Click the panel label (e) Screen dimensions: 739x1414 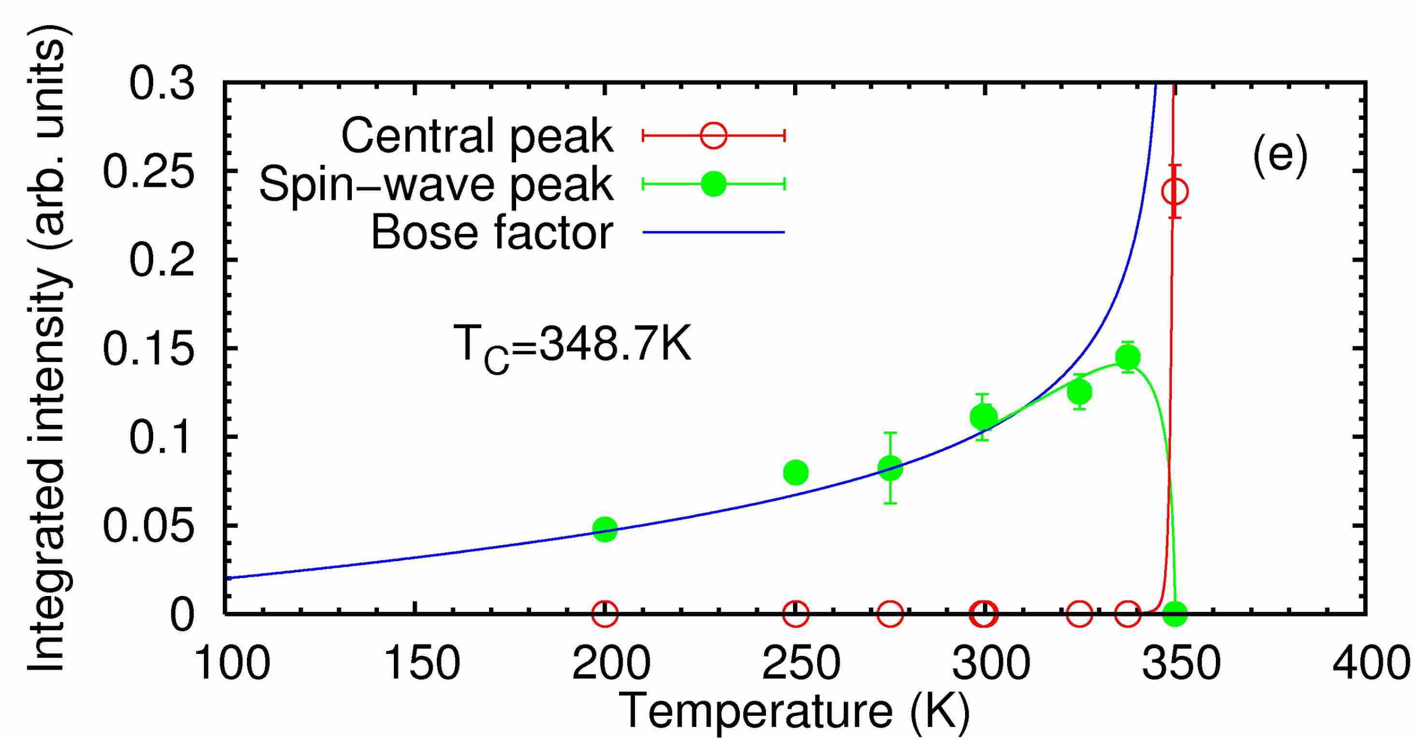(x=1280, y=158)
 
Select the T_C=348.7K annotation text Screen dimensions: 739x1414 (x=573, y=348)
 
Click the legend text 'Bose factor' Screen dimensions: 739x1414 (x=492, y=233)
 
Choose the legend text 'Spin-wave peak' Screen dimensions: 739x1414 (x=436, y=185)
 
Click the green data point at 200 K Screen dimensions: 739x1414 (x=605, y=529)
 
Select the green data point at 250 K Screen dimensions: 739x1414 (x=796, y=472)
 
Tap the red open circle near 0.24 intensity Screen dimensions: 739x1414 (x=1175, y=191)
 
